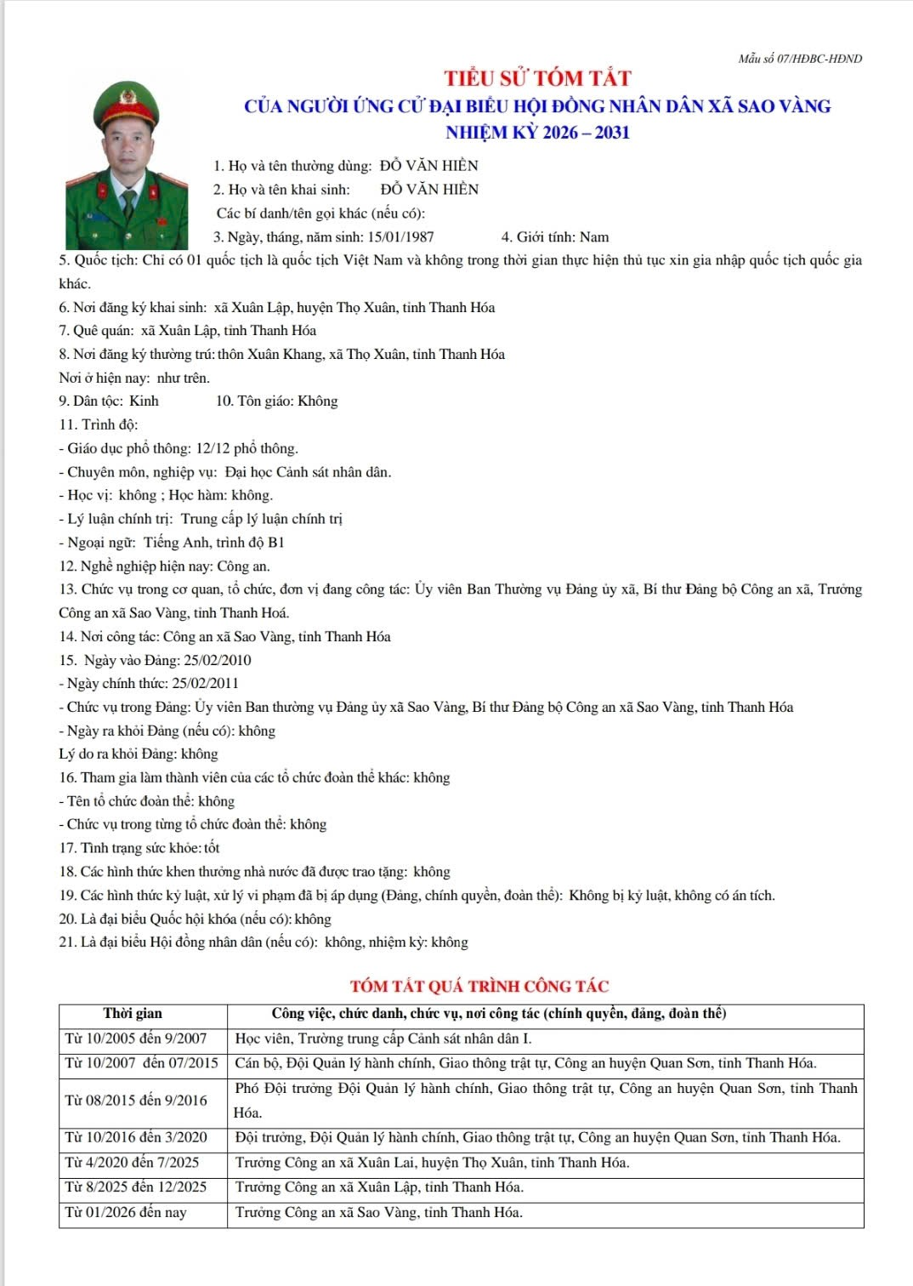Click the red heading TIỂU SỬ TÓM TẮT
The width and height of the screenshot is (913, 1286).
537,78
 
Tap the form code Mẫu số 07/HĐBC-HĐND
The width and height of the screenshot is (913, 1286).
800,59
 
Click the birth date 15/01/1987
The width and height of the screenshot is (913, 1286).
400,237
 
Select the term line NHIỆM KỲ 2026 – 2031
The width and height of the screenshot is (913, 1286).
537,133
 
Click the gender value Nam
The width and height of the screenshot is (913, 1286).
594,237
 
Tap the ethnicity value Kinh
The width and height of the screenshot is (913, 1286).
144,401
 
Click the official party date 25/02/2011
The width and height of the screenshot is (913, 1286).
205,683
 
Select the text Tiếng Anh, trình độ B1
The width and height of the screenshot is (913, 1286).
214,543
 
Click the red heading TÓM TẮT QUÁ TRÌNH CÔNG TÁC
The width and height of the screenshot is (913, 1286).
479,987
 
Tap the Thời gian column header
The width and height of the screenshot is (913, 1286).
133,1013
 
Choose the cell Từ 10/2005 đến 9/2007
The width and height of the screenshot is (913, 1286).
136,1038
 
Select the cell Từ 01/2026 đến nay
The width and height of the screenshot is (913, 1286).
126,1212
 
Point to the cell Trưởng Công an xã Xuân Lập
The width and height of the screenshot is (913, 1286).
379,1187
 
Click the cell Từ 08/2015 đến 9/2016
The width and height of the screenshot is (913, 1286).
136,1101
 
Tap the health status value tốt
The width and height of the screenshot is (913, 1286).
212,848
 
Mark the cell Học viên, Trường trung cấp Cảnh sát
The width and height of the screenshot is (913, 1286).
383,1038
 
